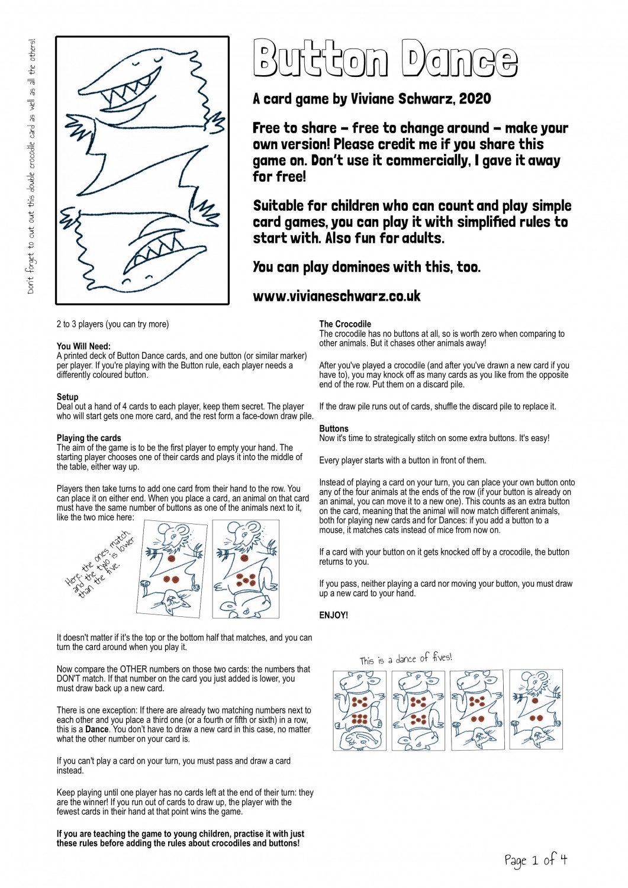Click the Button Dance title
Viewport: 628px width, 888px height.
(x=385, y=59)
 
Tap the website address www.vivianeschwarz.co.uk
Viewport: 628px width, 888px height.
(x=336, y=296)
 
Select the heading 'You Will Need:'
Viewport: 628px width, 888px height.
(x=83, y=346)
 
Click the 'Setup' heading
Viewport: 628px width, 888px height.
(x=67, y=397)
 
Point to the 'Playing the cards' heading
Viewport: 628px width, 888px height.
(x=89, y=438)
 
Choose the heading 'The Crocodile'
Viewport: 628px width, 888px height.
(x=345, y=324)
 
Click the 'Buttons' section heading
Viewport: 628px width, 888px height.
(x=334, y=429)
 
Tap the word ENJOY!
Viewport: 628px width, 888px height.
(x=333, y=615)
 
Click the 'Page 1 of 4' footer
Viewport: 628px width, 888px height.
(x=535, y=860)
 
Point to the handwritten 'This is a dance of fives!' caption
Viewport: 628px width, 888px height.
(x=405, y=658)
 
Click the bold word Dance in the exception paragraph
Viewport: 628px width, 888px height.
(x=97, y=729)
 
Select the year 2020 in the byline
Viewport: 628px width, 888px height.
(x=474, y=99)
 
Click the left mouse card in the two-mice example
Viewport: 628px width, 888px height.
(x=171, y=568)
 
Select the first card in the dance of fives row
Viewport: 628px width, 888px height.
(x=359, y=710)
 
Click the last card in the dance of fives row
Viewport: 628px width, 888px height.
(x=536, y=709)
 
